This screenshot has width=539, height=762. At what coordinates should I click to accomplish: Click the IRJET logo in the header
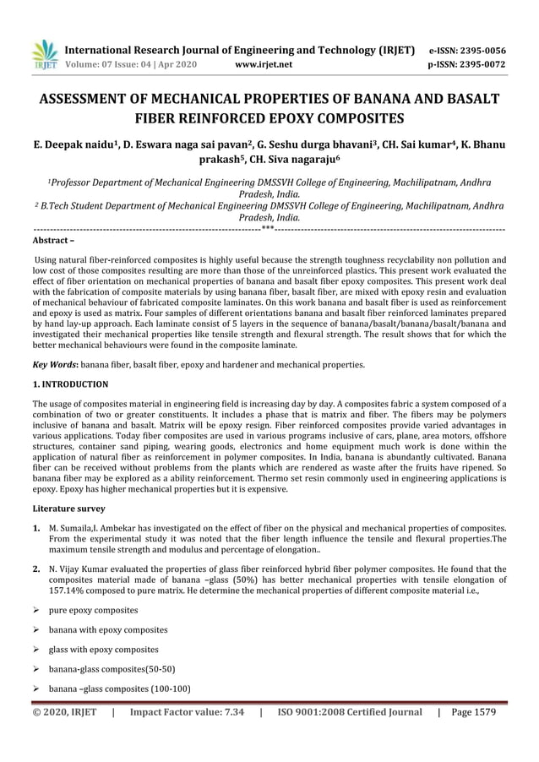(x=44, y=55)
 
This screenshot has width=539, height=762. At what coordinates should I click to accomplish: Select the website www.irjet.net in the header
(x=264, y=63)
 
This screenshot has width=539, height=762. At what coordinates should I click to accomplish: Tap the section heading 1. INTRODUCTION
(x=70, y=384)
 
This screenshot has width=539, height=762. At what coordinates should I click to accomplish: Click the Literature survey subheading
(x=68, y=509)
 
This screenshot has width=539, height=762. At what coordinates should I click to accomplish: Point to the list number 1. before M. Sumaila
(x=37, y=528)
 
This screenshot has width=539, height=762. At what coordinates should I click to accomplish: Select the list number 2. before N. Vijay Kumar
(x=37, y=569)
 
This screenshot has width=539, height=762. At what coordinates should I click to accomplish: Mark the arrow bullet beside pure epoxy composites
(x=37, y=610)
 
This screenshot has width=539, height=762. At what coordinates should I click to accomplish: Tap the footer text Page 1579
(x=474, y=712)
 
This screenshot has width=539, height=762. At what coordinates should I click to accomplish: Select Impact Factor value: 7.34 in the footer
(x=187, y=712)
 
